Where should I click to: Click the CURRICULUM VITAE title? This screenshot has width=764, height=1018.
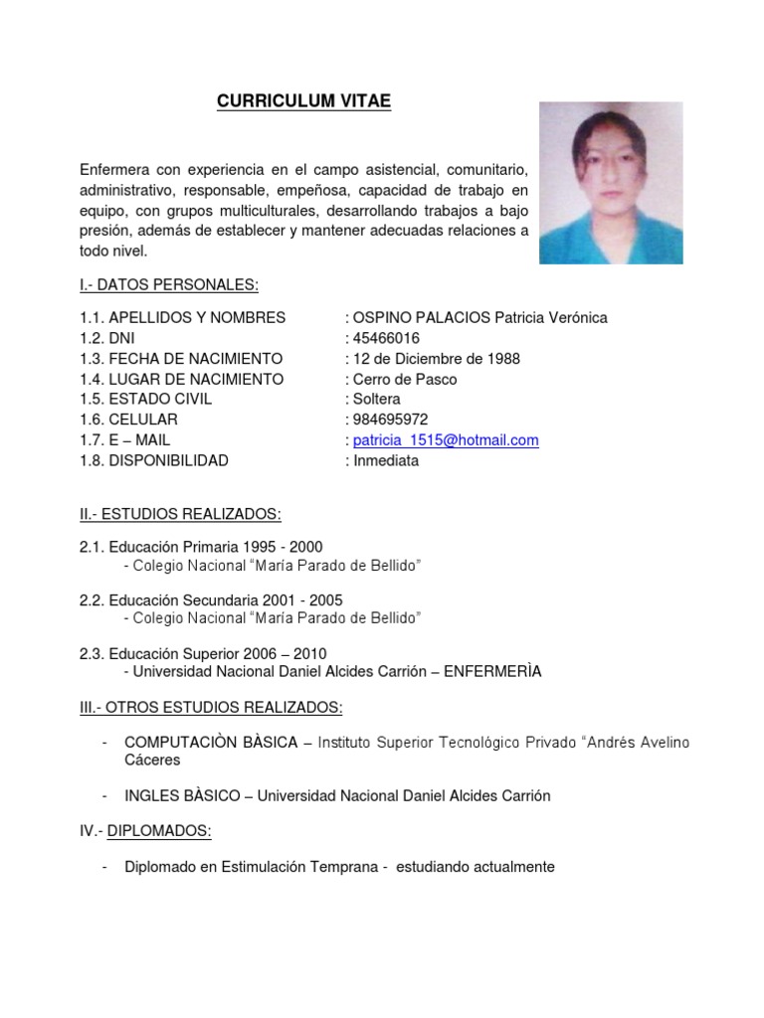tap(303, 101)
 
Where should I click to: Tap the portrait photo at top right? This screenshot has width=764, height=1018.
tap(611, 183)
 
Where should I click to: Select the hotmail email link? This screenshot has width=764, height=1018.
tap(447, 440)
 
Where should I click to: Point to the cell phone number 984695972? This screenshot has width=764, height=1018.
tap(391, 420)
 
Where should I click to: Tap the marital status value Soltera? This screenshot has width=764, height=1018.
tap(377, 400)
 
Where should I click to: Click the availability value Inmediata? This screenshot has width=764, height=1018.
tap(387, 461)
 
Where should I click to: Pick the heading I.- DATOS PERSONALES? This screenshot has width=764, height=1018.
tap(169, 285)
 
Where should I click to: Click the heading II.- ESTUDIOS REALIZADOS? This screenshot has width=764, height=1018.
tap(180, 513)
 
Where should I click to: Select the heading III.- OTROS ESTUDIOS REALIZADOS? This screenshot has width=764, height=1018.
tap(211, 707)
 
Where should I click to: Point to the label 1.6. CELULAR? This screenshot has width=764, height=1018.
tap(128, 420)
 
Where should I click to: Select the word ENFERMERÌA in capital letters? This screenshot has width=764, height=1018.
tap(492, 671)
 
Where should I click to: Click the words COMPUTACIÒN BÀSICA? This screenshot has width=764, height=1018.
tap(210, 743)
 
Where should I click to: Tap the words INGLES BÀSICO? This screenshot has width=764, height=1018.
tap(181, 795)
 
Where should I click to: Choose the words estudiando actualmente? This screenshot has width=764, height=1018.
tap(476, 867)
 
